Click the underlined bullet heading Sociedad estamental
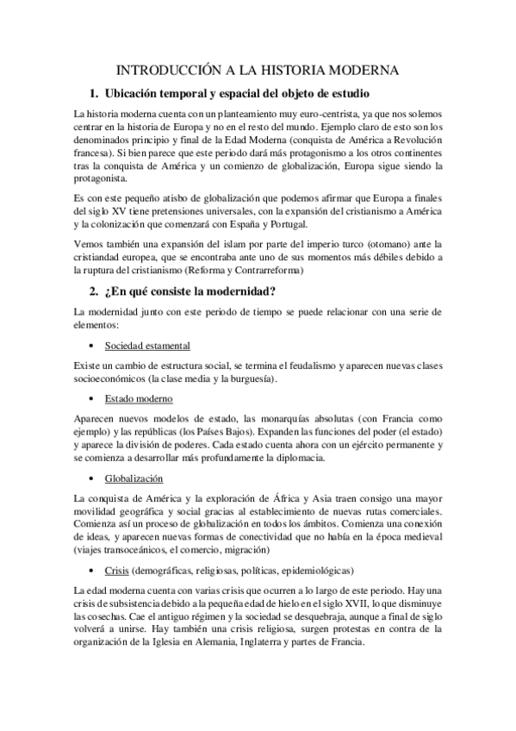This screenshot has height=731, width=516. coord(147,346)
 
